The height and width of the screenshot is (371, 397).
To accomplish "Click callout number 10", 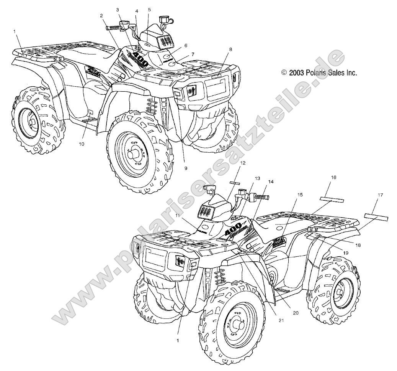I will tap(82, 143).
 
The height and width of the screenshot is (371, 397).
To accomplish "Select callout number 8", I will tap(230, 49).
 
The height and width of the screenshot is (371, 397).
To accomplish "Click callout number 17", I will tap(380, 195).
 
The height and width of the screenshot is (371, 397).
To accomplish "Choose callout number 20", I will tap(295, 312).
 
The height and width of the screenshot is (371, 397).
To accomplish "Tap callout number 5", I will tap(149, 10).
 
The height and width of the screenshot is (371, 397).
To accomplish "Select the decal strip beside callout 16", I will tap(332, 200).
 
